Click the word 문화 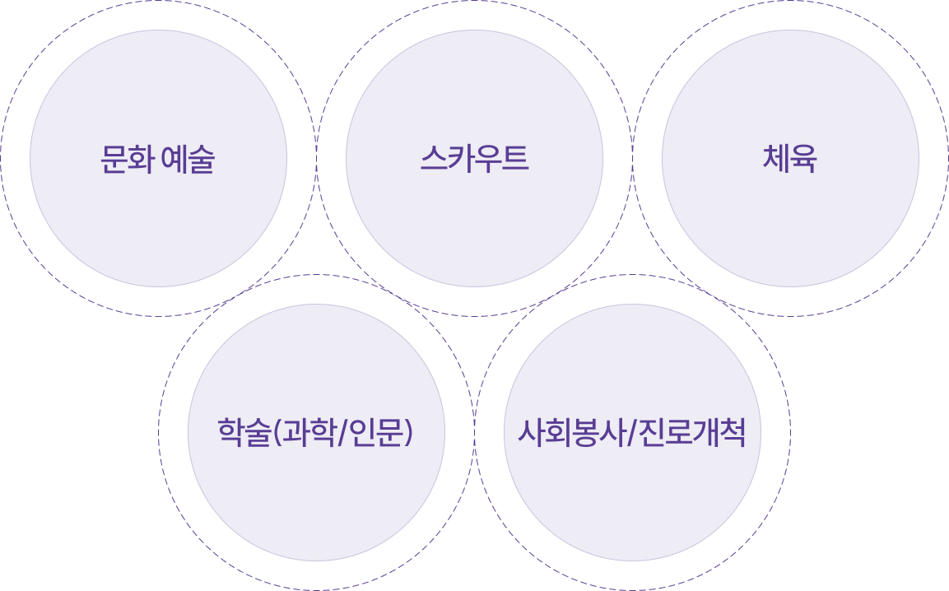127,159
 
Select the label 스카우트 474,159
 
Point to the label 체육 790,159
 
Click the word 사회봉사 569,433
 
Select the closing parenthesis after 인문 407,433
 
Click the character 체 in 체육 776,159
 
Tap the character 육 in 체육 804,159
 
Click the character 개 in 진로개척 707,433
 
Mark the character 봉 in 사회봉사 583,433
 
